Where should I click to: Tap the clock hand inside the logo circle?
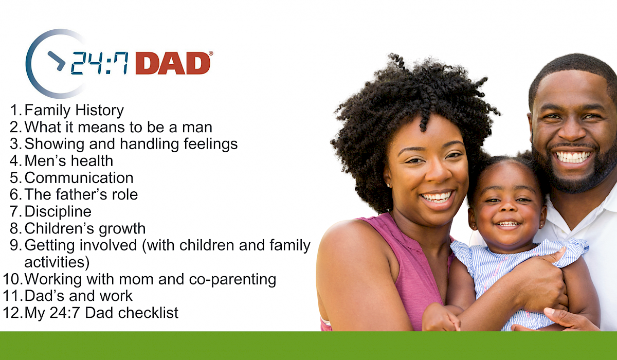(x=57, y=61)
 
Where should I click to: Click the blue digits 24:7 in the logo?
(x=99, y=63)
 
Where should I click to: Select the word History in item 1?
(x=99, y=111)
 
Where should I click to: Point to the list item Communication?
(x=79, y=177)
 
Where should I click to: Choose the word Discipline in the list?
(x=58, y=211)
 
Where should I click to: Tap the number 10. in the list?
(x=12, y=279)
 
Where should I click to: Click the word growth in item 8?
(x=122, y=229)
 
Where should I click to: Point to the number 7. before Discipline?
(x=16, y=211)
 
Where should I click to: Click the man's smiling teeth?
(x=573, y=157)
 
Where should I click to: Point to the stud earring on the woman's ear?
(x=389, y=185)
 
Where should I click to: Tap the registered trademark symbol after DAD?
(x=211, y=53)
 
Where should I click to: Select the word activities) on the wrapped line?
(x=57, y=262)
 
